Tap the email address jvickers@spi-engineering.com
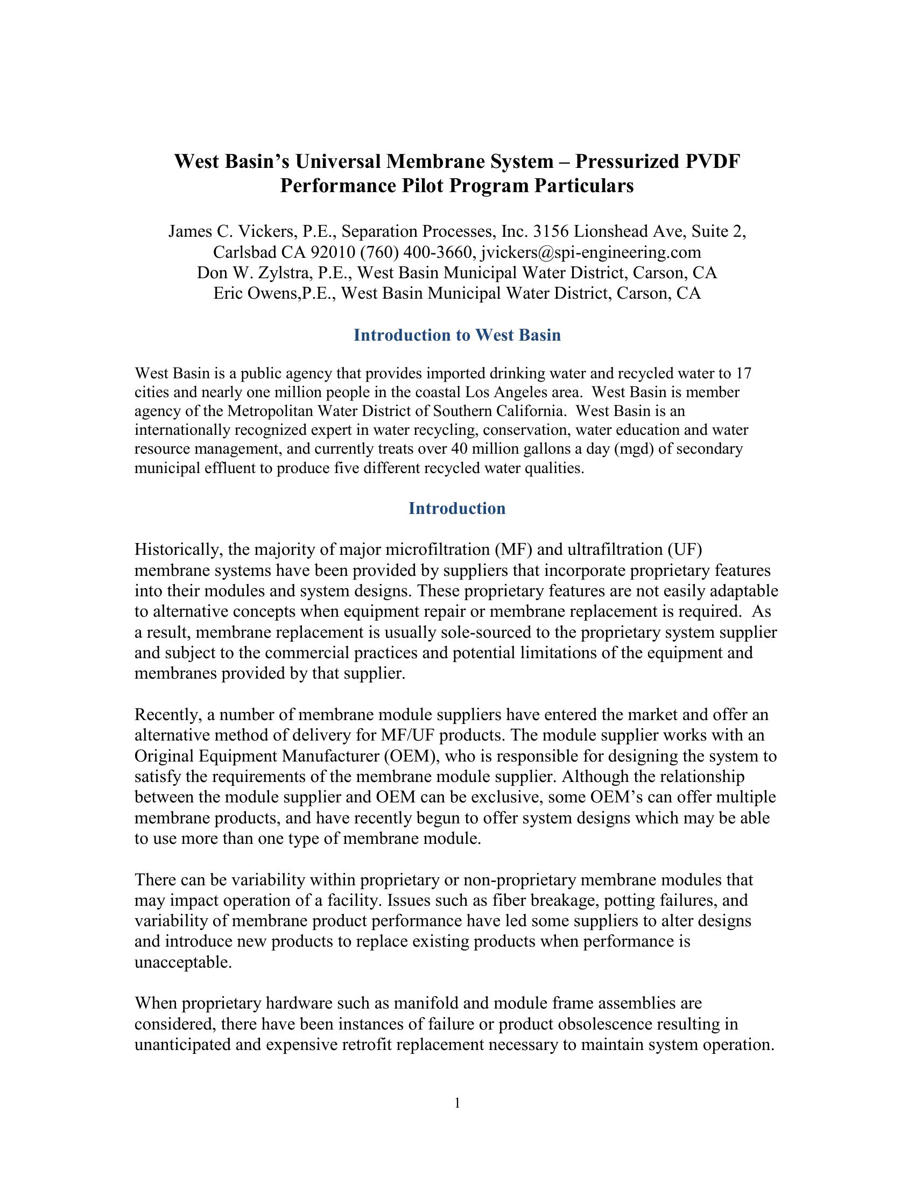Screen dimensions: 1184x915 pos(590,252)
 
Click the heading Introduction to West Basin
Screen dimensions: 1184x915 pos(457,335)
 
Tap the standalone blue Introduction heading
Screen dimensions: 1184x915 pos(457,509)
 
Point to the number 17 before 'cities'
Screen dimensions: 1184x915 pos(744,373)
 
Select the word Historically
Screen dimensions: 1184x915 pos(178,550)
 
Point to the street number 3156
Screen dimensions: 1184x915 pos(551,231)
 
